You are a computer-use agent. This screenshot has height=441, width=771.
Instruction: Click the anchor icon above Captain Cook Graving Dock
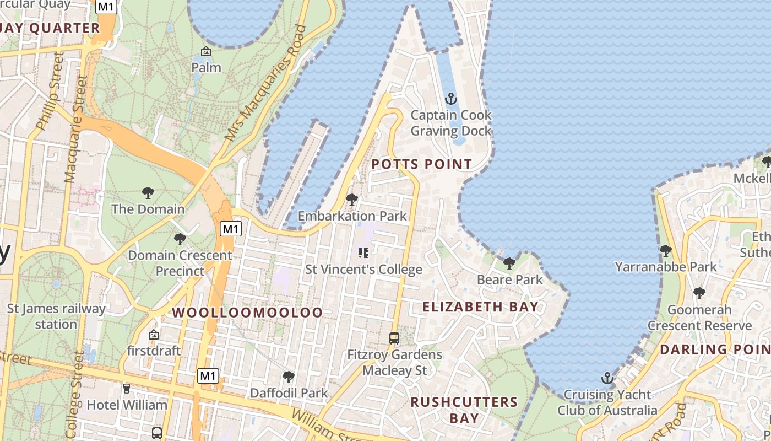coord(451,99)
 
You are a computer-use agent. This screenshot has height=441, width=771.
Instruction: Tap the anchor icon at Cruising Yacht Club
coord(607,378)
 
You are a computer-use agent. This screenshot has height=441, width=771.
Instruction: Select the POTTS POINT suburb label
coord(421,164)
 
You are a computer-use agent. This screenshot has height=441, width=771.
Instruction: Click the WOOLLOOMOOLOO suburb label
coord(247,313)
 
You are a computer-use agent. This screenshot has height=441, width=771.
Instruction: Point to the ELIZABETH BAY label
coord(480,307)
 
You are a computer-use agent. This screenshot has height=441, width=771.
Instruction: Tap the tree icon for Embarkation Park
coord(351,200)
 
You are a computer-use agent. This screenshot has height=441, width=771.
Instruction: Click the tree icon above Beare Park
coord(509,263)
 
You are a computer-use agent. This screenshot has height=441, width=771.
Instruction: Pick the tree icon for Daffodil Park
coord(288,377)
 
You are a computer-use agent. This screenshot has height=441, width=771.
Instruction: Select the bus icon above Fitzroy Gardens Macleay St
coord(394,338)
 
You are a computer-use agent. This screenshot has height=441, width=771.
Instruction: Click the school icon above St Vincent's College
coord(363,253)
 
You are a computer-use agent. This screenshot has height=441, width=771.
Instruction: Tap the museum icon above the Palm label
coord(206,52)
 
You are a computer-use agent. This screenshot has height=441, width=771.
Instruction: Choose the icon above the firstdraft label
coord(154,335)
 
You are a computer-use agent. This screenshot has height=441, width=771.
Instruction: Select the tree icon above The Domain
coord(148,193)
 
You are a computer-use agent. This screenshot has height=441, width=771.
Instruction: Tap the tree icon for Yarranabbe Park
coord(665,251)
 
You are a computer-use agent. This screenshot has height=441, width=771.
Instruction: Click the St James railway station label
coord(56,316)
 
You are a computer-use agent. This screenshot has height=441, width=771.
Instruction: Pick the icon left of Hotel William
coord(127,389)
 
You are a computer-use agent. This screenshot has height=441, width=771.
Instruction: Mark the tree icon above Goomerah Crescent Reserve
coord(699,293)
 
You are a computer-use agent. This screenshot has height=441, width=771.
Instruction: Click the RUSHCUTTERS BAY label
coord(464,410)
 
